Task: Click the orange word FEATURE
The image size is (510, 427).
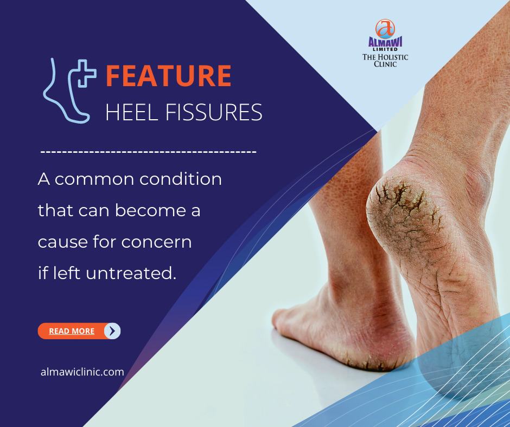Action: tap(169, 76)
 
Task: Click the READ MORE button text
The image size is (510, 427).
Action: tap(72, 331)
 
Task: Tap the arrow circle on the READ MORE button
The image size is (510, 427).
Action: tap(112, 331)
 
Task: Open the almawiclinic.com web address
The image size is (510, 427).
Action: tap(82, 372)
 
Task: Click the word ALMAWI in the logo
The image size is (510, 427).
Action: tap(385, 42)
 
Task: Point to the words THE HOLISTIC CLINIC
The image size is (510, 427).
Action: tap(385, 60)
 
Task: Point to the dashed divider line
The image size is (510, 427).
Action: tap(148, 152)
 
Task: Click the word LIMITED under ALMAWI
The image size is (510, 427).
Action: tap(385, 49)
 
